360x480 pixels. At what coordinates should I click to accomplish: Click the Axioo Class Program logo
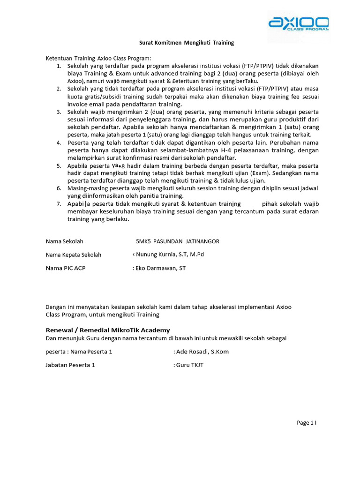(298, 23)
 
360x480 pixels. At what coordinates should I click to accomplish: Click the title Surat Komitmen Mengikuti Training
(187, 43)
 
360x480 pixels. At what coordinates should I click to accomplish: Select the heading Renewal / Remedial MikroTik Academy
(108, 330)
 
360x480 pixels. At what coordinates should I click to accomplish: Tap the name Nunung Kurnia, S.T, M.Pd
(170, 255)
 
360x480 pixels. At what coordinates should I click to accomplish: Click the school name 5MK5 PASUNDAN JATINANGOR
(177, 241)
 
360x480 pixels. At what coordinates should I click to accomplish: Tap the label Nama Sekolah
(65, 241)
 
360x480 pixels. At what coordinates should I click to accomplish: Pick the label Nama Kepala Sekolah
(74, 255)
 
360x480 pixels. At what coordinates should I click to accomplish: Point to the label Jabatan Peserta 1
(70, 365)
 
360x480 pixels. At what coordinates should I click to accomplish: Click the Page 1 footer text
(307, 423)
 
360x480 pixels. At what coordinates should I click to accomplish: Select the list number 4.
(59, 142)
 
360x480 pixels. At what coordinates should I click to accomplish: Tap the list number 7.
(59, 204)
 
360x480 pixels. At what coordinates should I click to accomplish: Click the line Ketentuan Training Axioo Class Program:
(98, 59)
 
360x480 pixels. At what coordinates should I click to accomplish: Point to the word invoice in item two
(78, 104)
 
